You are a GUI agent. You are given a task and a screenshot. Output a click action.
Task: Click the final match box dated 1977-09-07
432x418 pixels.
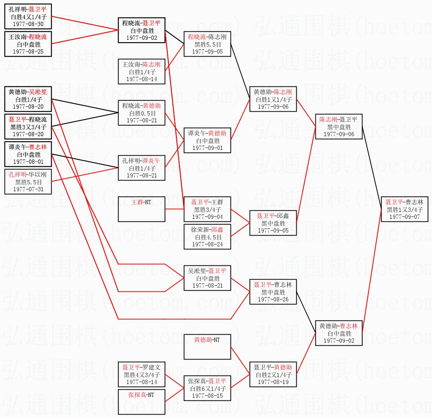point(404,209)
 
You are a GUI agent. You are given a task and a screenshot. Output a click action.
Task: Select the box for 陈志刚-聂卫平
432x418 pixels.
point(338,127)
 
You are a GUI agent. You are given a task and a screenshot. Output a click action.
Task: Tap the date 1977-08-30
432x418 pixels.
point(28,24)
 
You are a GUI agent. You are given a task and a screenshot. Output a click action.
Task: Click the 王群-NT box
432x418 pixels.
point(141,209)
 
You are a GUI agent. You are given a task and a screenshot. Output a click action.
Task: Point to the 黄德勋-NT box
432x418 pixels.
point(207,347)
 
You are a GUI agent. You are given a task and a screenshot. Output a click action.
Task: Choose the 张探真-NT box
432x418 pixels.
point(141,402)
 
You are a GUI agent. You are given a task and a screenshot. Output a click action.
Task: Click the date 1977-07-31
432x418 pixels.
point(28,189)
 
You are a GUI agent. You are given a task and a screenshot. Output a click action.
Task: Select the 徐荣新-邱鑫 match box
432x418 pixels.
point(207,237)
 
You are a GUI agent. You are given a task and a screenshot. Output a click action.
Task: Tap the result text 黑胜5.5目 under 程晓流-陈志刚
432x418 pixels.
point(207,44)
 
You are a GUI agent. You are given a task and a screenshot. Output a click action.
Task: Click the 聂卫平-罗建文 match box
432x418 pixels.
point(141,374)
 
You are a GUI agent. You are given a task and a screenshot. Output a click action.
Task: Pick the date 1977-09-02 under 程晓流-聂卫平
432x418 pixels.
point(141,38)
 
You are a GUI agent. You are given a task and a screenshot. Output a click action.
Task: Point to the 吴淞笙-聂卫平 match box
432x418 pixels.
point(207,278)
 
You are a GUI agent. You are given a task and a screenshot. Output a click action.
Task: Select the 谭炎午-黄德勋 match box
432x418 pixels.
point(207,140)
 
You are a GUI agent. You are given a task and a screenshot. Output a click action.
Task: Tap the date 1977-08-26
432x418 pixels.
point(273,299)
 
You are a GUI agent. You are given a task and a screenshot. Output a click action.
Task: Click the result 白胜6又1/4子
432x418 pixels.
point(207,389)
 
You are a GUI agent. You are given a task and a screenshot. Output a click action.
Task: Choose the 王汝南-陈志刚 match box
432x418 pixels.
point(141,72)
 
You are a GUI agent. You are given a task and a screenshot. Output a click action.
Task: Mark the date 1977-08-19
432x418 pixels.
point(273,382)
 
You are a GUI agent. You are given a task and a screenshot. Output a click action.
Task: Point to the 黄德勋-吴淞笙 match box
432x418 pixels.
point(28,99)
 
